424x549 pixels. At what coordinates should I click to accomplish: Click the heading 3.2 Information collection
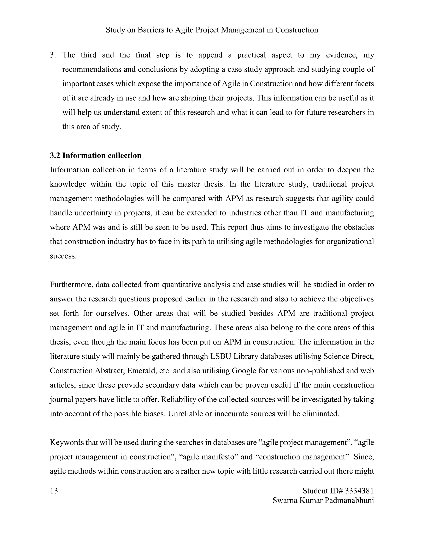(95, 156)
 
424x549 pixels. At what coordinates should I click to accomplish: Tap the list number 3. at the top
(53, 55)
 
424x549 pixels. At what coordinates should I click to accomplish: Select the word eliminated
(320, 414)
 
